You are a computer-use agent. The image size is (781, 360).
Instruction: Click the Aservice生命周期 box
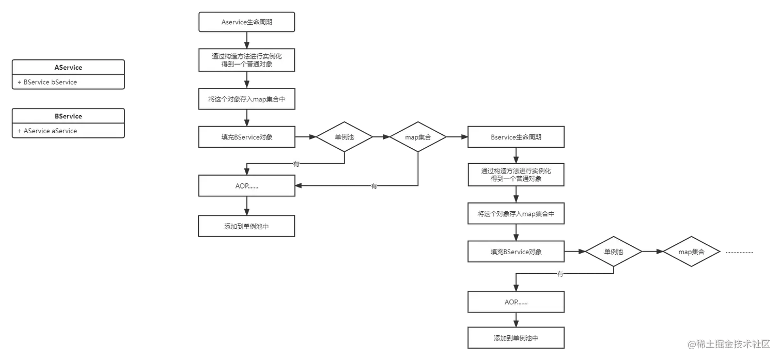(246, 22)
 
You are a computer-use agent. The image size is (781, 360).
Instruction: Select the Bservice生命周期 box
(516, 137)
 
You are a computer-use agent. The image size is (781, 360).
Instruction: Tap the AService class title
(68, 67)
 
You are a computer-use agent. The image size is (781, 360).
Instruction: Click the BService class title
(68, 116)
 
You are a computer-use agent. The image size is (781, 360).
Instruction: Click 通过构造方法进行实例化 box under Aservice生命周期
(246, 60)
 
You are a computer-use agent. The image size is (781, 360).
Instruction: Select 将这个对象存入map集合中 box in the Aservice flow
(246, 99)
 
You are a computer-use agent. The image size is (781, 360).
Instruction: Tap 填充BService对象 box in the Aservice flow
(246, 137)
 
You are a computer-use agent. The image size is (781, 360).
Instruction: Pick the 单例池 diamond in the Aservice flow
(344, 137)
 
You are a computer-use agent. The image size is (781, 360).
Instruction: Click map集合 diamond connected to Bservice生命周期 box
(417, 137)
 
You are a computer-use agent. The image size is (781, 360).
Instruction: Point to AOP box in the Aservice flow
(246, 185)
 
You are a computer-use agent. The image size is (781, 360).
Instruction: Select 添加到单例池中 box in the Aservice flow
(246, 226)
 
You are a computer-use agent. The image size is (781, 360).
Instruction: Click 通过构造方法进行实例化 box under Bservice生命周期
(516, 175)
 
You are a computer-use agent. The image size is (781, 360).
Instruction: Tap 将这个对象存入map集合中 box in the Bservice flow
(516, 213)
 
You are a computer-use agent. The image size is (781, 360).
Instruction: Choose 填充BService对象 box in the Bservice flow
(516, 252)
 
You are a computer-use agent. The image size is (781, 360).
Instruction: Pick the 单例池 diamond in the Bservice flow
(613, 252)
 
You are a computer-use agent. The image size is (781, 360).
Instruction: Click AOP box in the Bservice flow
(516, 302)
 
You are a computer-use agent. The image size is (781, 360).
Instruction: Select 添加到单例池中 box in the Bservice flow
(516, 338)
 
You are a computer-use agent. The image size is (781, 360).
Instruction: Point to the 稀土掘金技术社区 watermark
(728, 343)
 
